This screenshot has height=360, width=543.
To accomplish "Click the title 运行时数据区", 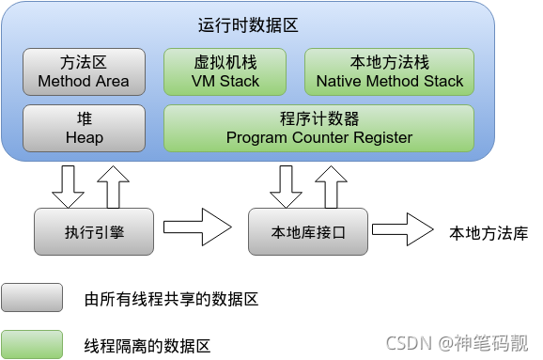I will tap(248, 25).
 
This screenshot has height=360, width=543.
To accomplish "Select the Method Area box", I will tap(84, 72).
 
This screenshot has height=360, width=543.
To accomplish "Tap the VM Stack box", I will tap(225, 72).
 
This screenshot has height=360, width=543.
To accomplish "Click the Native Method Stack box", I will tap(389, 72).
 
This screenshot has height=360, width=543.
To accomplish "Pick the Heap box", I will tap(84, 129).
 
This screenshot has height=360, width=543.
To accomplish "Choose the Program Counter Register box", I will tap(318, 129).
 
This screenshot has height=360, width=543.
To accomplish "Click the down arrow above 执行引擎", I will tap(68, 186).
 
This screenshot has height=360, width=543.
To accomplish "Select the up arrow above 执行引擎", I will tap(113, 186).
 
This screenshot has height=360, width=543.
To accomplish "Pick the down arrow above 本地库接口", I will tap(286, 186).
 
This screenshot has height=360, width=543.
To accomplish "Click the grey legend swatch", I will tap(32, 298).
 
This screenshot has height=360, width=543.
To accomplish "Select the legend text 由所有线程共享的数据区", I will tap(170, 300).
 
